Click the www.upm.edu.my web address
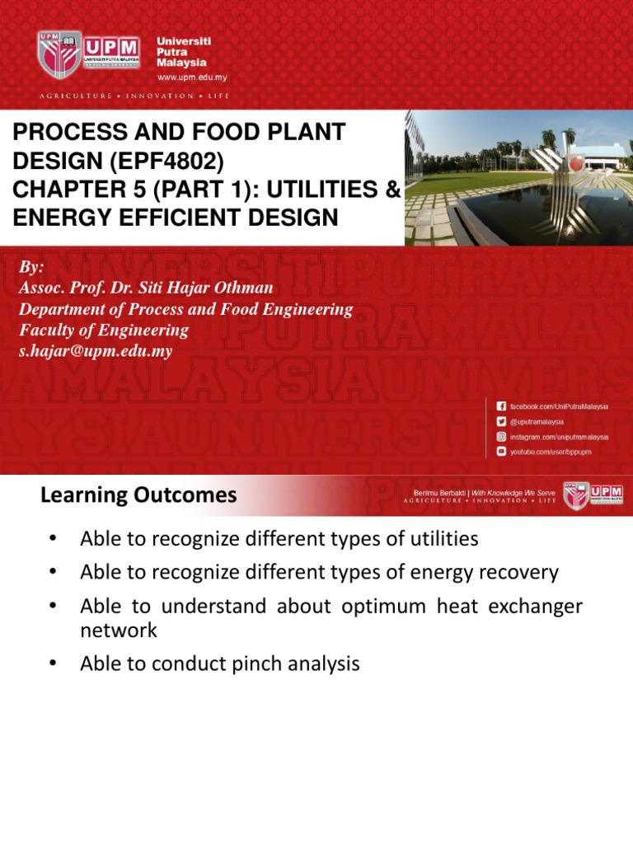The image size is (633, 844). pos(192,77)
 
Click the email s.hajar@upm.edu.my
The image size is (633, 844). pos(96,351)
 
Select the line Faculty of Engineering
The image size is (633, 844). pos(104,331)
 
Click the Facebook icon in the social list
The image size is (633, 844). pos(501,407)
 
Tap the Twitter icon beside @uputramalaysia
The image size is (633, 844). pos(501,422)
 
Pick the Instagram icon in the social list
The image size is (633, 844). pos(501,437)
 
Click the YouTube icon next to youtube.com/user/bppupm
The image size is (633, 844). pos(501,452)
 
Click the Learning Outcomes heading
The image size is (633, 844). pos(138,495)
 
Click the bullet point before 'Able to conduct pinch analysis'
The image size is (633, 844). pos(52,663)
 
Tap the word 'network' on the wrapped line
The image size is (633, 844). pos(118,631)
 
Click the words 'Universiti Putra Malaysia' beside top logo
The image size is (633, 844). pos(183,51)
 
